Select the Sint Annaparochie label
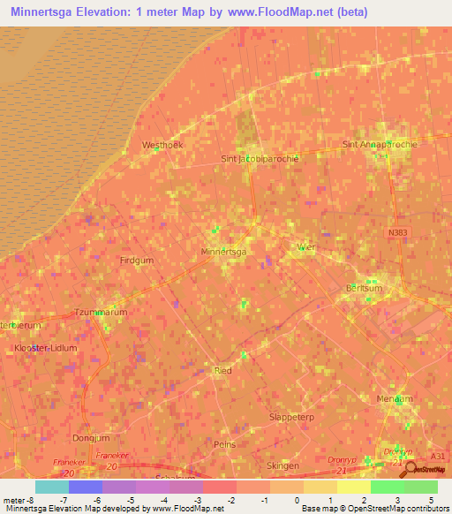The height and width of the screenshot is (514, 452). click(x=380, y=143)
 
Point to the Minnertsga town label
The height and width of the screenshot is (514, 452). click(x=223, y=252)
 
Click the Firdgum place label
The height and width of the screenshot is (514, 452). click(x=136, y=261)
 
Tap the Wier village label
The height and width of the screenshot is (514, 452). click(x=306, y=248)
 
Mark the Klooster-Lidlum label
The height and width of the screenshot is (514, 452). click(x=46, y=348)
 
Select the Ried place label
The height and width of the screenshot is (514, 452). click(x=223, y=371)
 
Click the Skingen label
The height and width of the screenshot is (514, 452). click(x=282, y=465)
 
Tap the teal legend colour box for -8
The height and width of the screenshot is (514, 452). click(x=52, y=487)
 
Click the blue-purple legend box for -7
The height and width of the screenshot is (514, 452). click(x=86, y=487)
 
